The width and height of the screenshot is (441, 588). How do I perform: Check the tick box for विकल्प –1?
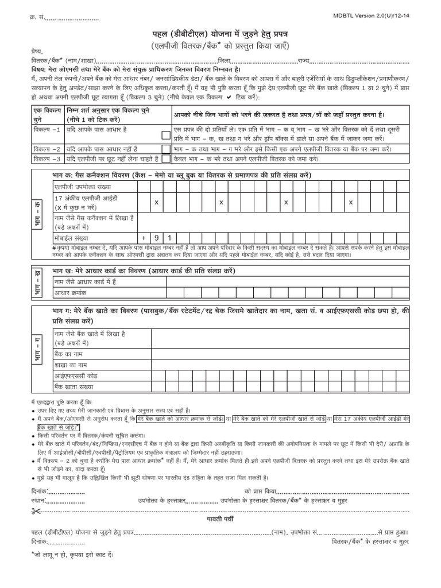pyautogui.click(x=165, y=135)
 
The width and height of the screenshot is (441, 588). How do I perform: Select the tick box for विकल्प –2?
pyautogui.click(x=165, y=148)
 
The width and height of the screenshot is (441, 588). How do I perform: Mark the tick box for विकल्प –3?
pyautogui.click(x=165, y=158)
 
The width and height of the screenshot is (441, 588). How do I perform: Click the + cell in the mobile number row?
pyautogui.click(x=144, y=237)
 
